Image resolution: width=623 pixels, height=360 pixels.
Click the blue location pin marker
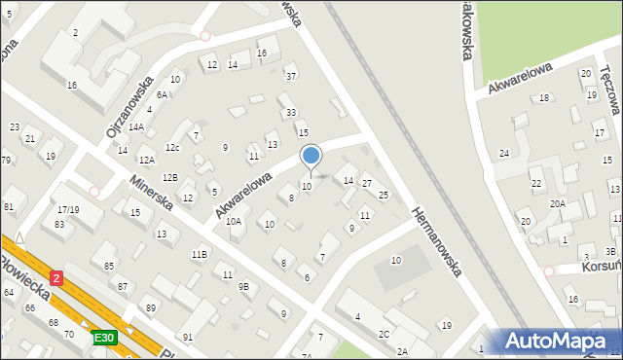click(x=311, y=156)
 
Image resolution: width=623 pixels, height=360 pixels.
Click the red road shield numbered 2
click(x=56, y=278)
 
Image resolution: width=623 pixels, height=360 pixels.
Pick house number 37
click(x=290, y=75)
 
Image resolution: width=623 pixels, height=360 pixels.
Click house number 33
click(x=290, y=113)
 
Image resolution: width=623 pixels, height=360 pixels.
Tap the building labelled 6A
click(x=163, y=94)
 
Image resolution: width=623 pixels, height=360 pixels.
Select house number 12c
click(x=172, y=148)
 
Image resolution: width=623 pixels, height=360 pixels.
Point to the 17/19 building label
click(x=67, y=209)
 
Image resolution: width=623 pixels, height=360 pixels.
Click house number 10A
click(x=234, y=222)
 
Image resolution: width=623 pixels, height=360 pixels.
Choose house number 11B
click(x=199, y=254)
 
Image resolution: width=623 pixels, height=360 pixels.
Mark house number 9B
click(x=243, y=286)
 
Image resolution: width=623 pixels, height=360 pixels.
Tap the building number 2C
click(x=385, y=334)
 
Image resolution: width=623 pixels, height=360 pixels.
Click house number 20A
click(x=557, y=203)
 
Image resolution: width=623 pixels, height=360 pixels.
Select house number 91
click(x=187, y=337)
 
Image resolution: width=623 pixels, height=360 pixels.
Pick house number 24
click(x=504, y=154)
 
